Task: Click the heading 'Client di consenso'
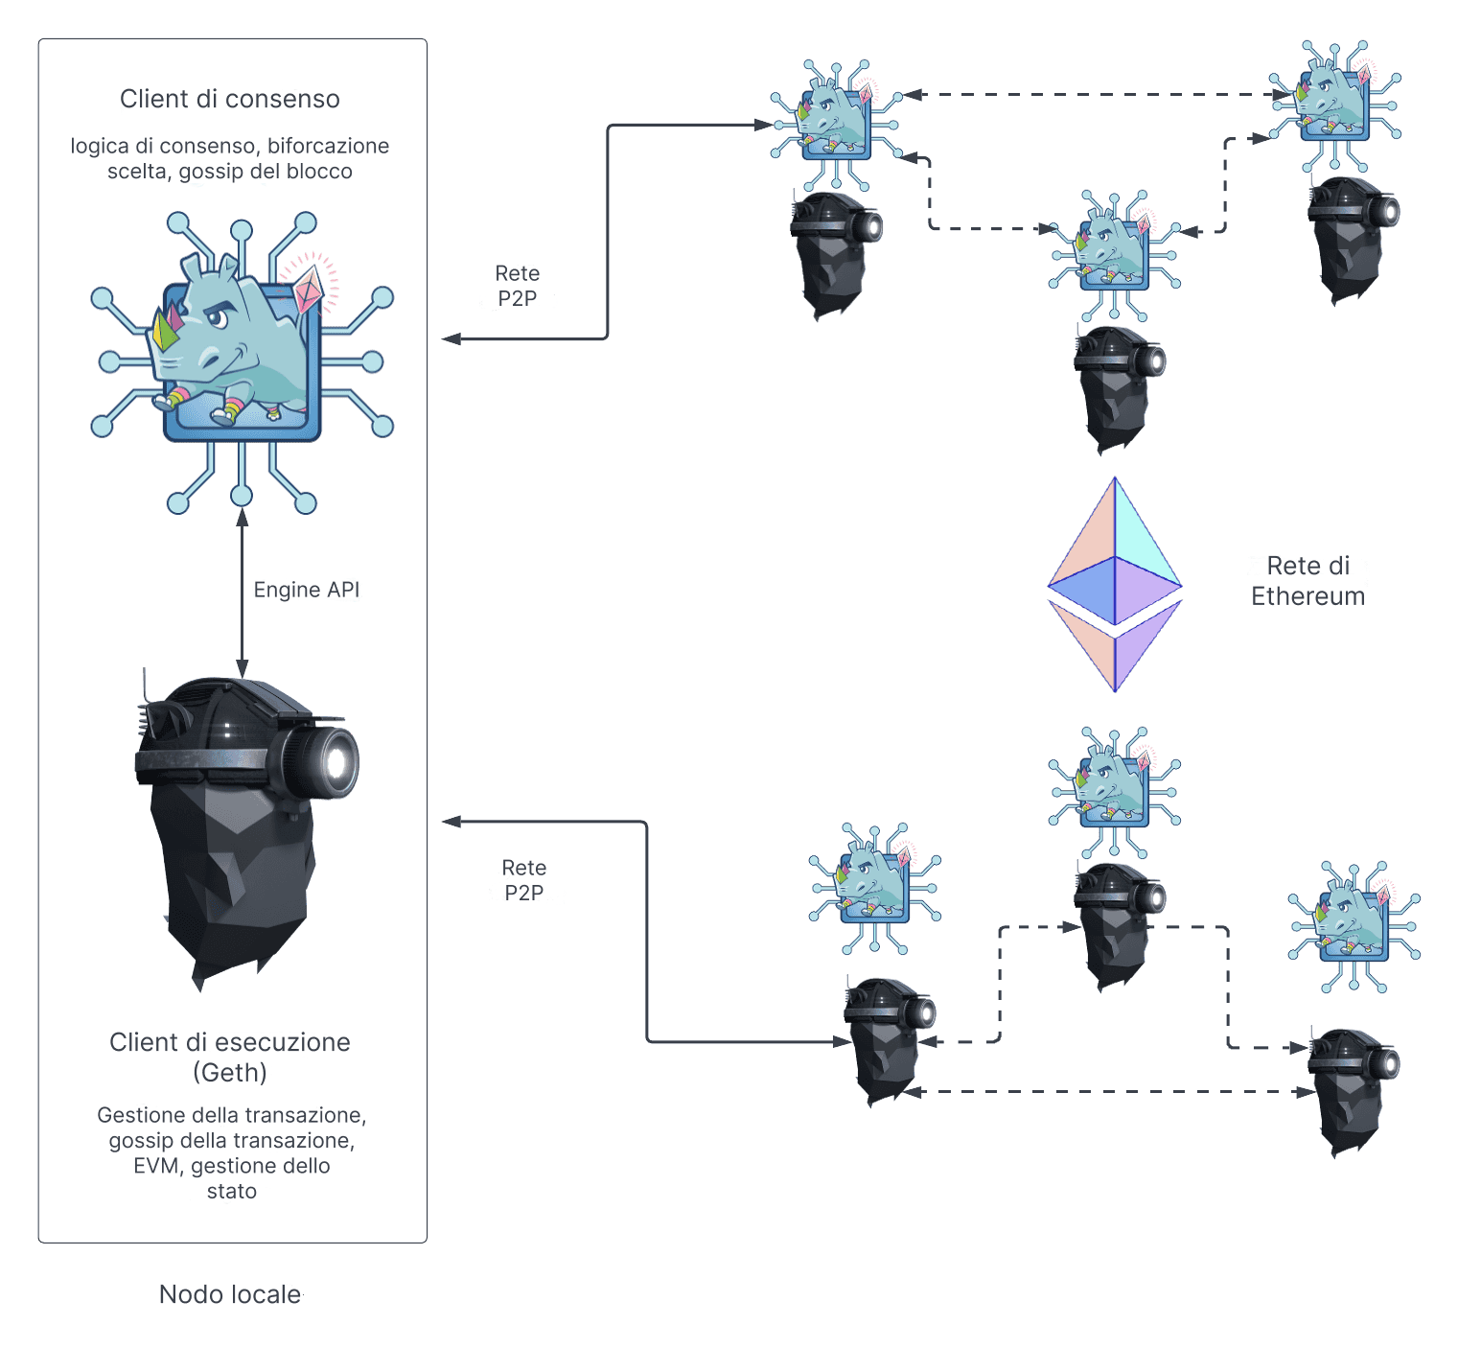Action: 229,99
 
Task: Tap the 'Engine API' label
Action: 306,590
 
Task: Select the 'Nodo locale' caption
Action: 230,1294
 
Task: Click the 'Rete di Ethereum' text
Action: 1307,581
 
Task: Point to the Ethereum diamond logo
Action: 1114,585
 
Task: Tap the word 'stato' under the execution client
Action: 232,1191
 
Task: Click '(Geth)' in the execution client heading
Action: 230,1072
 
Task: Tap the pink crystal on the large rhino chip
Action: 309,289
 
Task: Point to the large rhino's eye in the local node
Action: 220,317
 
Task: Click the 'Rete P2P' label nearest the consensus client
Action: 517,286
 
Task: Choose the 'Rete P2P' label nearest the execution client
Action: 523,880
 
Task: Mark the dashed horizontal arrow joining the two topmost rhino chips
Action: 1093,95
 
